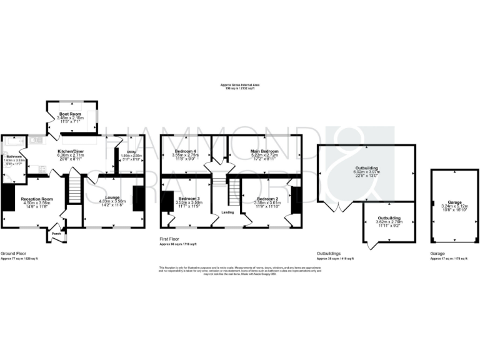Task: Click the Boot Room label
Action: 69,114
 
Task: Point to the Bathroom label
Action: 14,156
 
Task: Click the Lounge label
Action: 112,197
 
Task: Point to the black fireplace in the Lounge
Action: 139,198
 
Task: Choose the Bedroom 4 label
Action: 185,151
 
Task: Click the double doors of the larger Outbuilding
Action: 337,205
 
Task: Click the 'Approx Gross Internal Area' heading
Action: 239,85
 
